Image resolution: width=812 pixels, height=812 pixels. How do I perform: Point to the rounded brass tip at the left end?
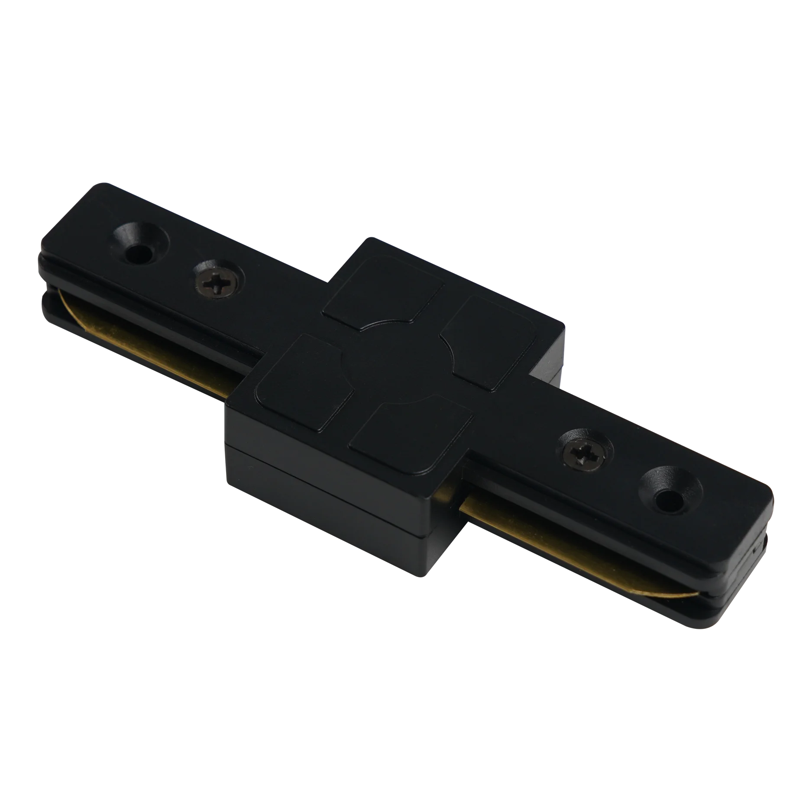65,299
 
